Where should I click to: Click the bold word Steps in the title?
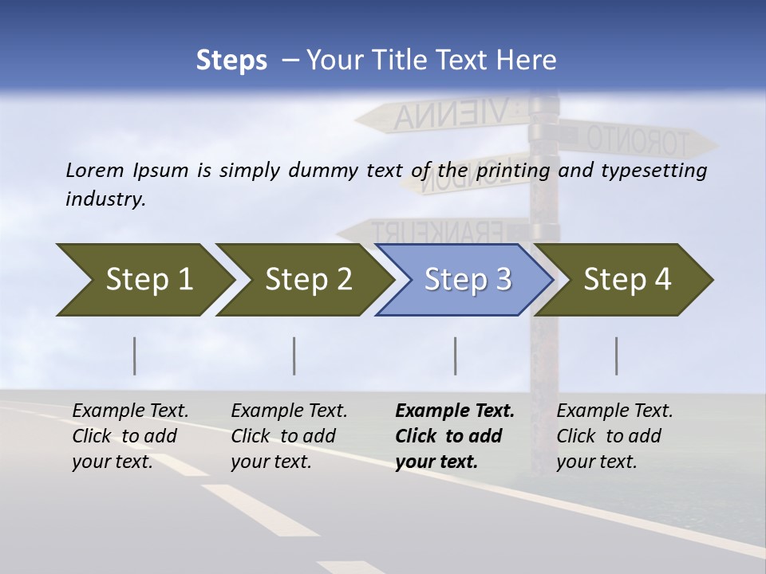231,61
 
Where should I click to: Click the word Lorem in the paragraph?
96,170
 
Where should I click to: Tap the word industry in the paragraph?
105,199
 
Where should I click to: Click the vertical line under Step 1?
135,356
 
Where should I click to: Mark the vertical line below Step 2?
294,356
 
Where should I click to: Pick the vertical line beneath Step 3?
456,356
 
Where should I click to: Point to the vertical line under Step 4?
617,356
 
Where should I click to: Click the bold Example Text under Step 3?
455,411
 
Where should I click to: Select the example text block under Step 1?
130,436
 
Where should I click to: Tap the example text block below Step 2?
289,436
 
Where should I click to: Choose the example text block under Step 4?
614,436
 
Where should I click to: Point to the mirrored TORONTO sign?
634,140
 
